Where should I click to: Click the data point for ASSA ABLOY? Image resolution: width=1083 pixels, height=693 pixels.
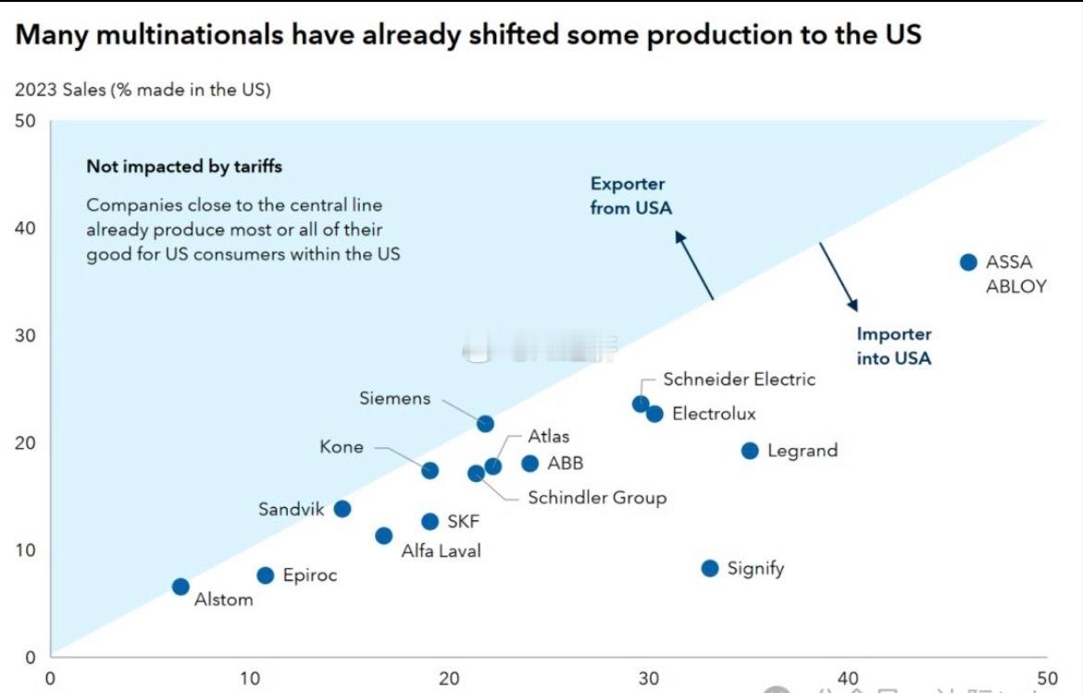(968, 262)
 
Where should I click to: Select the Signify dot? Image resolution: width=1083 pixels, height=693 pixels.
(710, 568)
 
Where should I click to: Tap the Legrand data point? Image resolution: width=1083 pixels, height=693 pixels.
(750, 451)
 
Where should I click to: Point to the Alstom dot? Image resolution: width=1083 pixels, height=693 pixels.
(180, 587)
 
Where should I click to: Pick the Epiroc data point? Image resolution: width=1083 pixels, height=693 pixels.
(266, 575)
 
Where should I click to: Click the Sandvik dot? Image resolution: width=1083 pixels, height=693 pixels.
(342, 509)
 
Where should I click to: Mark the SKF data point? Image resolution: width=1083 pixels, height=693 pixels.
(429, 522)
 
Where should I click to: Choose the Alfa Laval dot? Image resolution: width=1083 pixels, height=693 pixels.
(383, 536)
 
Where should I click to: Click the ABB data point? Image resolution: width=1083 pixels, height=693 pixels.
(529, 464)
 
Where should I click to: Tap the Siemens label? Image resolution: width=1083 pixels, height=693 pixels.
(395, 399)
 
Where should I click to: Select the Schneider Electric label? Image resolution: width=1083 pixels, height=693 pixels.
(739, 379)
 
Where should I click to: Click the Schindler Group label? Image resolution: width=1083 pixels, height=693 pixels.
(597, 498)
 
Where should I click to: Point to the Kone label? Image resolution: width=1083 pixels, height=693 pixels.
(342, 448)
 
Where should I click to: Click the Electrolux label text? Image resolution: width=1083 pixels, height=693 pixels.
(714, 414)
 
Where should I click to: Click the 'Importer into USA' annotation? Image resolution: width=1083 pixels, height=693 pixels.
(893, 346)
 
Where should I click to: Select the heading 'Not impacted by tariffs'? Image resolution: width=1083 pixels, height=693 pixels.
(184, 167)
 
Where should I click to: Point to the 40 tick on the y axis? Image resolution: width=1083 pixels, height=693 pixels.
(25, 228)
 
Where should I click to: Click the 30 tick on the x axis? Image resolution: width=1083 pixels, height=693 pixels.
(649, 678)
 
